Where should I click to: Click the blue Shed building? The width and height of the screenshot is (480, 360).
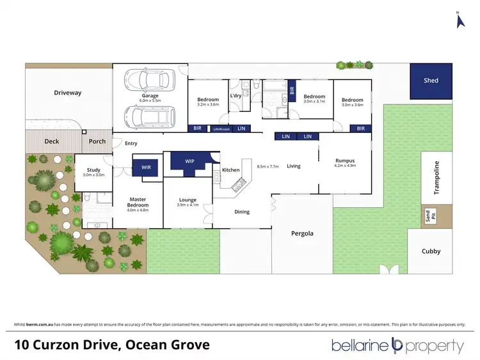point(431,81)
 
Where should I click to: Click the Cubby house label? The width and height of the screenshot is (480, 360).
point(431,251)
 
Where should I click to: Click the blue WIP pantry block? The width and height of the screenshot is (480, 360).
point(189,162)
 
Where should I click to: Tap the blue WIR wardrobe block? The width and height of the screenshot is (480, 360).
point(145,168)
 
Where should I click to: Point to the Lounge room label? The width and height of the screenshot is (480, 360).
point(188,202)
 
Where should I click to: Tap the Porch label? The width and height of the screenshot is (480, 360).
point(97,141)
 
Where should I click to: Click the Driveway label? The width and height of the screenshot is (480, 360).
point(67,93)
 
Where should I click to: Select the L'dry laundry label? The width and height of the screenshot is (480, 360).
point(237,96)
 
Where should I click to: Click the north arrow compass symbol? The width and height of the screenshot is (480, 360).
point(458,20)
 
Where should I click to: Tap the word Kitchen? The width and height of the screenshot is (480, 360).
point(230,170)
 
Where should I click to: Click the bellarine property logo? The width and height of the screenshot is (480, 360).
point(397,346)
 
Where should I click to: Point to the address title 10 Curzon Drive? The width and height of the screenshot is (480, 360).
point(112,345)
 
